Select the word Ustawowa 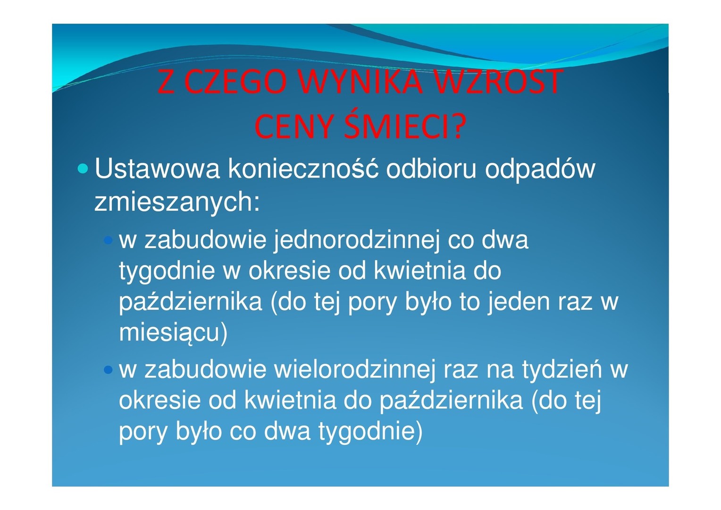[x=157, y=169]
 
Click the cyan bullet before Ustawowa [x=83, y=169]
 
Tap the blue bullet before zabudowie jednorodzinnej [x=108, y=240]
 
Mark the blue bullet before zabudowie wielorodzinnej [x=108, y=370]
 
